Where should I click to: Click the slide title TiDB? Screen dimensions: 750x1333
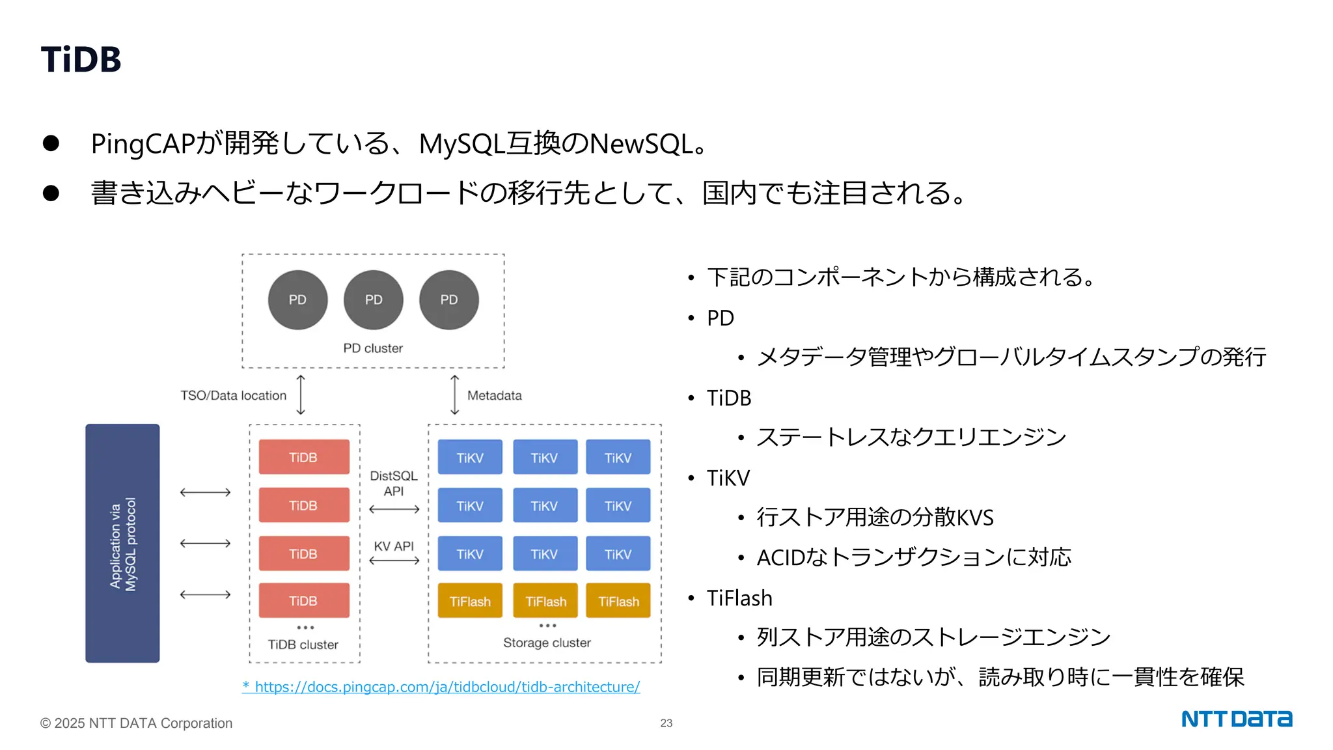tap(81, 60)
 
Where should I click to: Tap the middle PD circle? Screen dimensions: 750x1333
tap(373, 300)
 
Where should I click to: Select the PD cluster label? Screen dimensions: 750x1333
tap(373, 348)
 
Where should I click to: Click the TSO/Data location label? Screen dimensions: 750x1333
tap(233, 396)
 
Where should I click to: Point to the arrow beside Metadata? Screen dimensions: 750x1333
tap(454, 395)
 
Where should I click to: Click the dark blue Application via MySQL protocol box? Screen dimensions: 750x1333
tap(122, 543)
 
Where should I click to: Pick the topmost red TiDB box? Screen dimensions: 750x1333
tap(304, 457)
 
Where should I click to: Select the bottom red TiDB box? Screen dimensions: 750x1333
tap(304, 600)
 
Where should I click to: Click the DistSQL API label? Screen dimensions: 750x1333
tap(393, 484)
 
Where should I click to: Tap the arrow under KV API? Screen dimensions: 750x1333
tap(394, 561)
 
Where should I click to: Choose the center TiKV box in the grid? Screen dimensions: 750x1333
tap(544, 506)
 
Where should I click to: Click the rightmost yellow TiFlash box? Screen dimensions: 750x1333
tap(618, 601)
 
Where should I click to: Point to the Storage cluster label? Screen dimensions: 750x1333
tap(547, 643)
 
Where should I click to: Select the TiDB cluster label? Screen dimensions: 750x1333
tap(303, 645)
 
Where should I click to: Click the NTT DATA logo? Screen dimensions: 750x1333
tap(1236, 719)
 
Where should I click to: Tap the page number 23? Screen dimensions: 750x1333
tap(666, 723)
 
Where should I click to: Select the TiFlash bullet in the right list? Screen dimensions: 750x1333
tap(739, 598)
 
